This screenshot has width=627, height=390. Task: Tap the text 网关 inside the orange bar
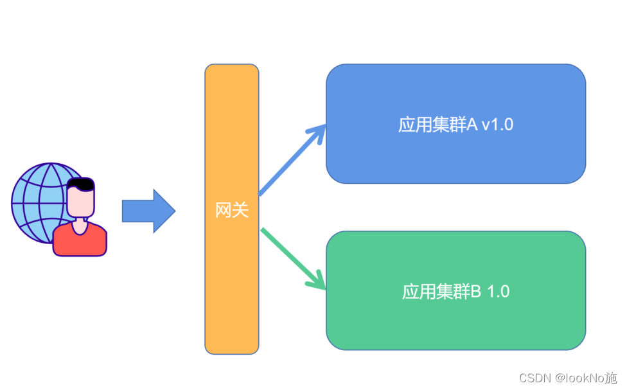click(x=231, y=210)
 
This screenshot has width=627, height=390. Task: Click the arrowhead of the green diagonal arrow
click(x=318, y=281)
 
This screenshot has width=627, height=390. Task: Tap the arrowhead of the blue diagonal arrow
click(x=317, y=133)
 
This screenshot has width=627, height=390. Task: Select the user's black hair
click(x=82, y=184)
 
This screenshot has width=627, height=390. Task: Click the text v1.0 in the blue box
click(x=497, y=125)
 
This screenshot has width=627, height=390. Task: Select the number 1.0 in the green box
click(x=498, y=291)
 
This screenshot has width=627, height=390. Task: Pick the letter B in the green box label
click(x=476, y=291)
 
